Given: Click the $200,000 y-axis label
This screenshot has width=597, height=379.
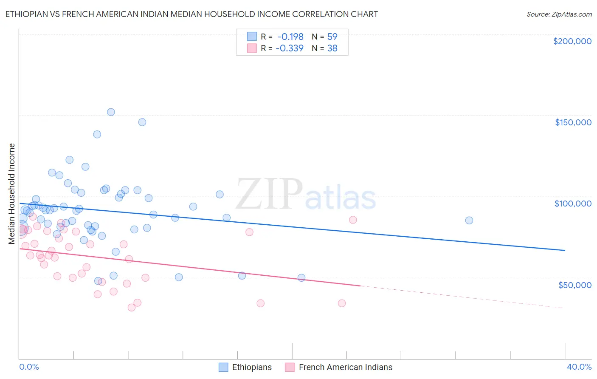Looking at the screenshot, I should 572,41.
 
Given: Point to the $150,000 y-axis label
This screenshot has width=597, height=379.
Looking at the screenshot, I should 573,122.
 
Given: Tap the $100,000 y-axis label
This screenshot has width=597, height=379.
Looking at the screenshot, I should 573,204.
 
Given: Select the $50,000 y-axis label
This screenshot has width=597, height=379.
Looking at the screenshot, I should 574,285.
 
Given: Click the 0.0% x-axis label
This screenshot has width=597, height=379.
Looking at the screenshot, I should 29,367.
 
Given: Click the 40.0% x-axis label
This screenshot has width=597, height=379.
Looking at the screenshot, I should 579,367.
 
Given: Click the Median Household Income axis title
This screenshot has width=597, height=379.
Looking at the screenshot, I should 12,194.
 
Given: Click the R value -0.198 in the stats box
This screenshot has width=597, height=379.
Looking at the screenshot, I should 290,37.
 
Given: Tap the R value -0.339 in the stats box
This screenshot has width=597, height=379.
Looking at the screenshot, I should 290,48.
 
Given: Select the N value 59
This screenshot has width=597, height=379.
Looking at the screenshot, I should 332,37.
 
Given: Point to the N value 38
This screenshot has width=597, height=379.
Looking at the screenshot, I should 332,48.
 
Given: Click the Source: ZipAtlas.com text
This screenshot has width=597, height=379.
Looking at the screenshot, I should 559,14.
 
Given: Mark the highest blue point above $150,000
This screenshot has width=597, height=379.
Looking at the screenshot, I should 111,112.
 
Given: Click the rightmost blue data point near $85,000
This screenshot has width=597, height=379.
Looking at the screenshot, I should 469,220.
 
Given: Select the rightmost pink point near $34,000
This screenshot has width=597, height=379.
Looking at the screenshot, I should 341,303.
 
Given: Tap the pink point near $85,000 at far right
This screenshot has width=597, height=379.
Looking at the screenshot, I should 352,220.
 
